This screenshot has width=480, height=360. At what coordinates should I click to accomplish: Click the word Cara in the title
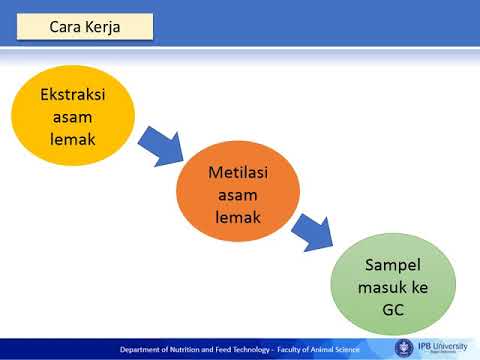click(x=68, y=27)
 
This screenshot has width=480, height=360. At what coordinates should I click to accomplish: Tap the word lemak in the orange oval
click(x=238, y=216)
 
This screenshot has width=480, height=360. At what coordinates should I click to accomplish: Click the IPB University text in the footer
click(x=444, y=346)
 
